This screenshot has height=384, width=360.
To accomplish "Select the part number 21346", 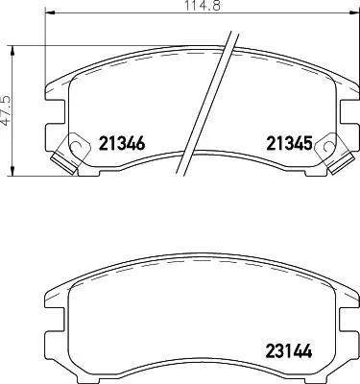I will coord(122,143).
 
